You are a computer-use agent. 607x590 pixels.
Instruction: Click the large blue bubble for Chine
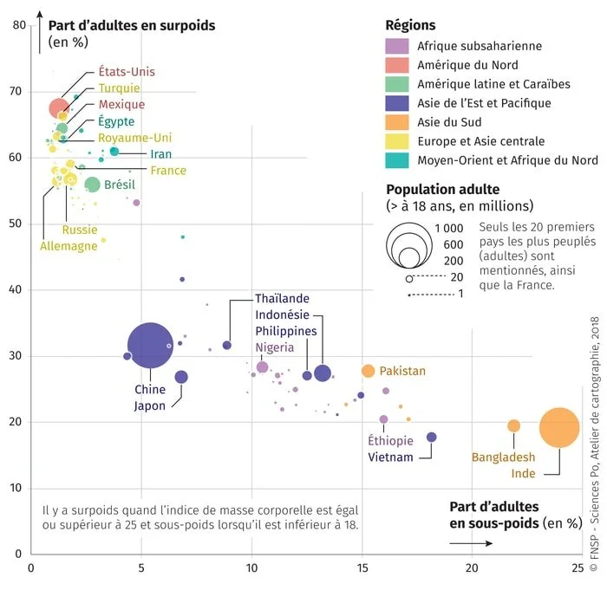pos(151,346)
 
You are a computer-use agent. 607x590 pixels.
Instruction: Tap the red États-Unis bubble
pos(59,108)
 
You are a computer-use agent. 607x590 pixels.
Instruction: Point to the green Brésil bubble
pos(93,184)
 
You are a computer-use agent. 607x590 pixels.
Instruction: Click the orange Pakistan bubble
pos(368,371)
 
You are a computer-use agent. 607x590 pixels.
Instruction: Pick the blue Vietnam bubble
pos(432,438)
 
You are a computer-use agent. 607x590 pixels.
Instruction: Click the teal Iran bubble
pos(114,152)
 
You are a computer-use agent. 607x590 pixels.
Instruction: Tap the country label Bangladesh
pos(503,457)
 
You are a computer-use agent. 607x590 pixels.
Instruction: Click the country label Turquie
pos(120,88)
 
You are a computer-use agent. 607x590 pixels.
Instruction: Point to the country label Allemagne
pos(69,246)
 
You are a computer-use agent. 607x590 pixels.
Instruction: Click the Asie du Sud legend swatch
pos(396,122)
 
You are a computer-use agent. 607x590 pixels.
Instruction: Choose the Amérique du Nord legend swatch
pos(396,65)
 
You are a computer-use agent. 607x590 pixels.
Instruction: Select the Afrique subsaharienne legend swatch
pos(396,46)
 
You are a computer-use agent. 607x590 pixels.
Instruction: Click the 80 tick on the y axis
pos(19,25)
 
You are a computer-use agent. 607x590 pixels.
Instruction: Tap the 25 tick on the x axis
pos(581,568)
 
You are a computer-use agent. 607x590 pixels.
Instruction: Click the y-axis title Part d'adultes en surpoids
pos(132,25)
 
